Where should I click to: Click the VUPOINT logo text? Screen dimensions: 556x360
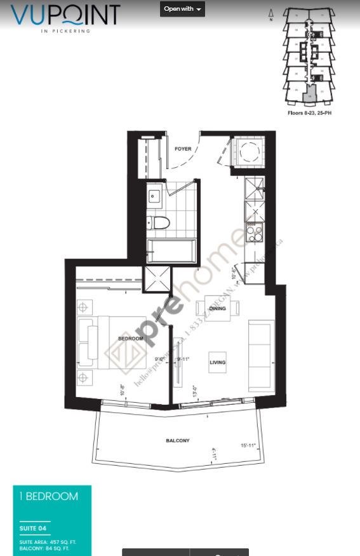click(x=65, y=15)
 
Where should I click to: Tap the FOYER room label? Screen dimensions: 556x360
click(x=183, y=149)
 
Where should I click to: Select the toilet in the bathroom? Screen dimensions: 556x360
click(x=158, y=223)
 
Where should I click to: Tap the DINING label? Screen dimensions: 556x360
click(x=218, y=309)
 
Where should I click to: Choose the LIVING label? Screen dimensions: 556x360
click(x=218, y=363)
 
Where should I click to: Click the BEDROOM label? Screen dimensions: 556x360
click(x=130, y=339)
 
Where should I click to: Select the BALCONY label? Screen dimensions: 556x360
click(x=178, y=440)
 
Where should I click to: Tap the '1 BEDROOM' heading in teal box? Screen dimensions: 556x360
click(x=49, y=496)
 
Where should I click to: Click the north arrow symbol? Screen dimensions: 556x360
click(x=271, y=14)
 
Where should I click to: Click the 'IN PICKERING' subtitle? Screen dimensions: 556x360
click(x=66, y=30)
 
